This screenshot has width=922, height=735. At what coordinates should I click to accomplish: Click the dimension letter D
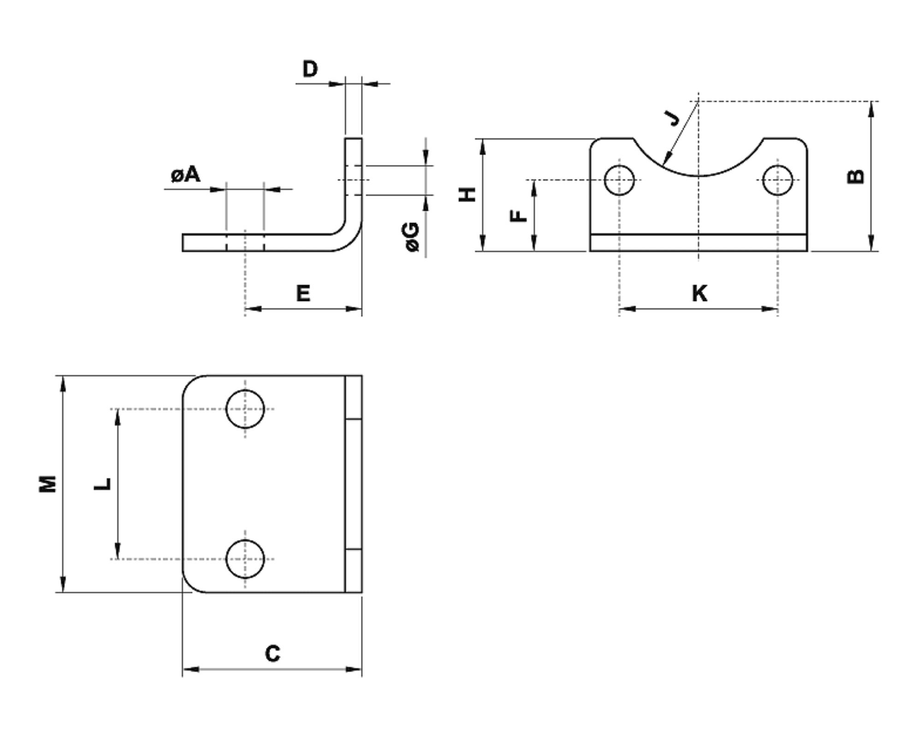(310, 69)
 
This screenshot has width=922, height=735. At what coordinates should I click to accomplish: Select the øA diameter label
(185, 175)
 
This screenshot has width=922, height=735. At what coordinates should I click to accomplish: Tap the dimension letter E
(303, 294)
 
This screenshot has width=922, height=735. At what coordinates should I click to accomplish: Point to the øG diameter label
(412, 237)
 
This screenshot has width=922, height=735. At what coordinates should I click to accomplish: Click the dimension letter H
(467, 194)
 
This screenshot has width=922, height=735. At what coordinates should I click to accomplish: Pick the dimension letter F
(519, 216)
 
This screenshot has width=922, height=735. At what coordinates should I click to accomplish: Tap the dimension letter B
(856, 176)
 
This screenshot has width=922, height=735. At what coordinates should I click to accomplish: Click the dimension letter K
(699, 294)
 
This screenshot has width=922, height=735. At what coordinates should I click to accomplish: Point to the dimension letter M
(47, 484)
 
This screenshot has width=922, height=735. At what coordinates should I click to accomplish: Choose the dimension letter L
(103, 484)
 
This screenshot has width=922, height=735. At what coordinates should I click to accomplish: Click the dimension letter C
(272, 653)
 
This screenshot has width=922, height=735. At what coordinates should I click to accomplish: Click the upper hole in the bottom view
(245, 409)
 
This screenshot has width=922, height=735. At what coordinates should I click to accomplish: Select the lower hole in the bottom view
(245, 559)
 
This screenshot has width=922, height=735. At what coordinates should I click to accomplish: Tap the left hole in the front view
(619, 180)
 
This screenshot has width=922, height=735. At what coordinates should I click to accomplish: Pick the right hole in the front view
(778, 180)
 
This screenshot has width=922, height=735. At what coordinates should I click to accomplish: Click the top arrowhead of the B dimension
(871, 108)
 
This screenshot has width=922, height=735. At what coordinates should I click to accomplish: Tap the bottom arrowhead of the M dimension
(63, 585)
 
